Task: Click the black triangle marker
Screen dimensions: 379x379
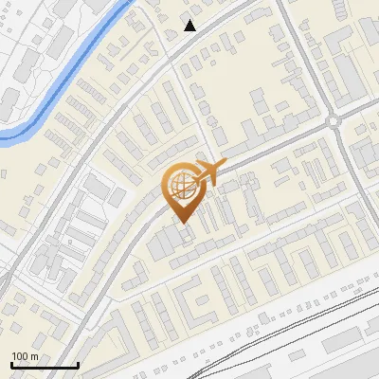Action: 190,26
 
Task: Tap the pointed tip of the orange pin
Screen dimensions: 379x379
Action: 183,223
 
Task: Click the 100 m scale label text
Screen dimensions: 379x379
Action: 24,356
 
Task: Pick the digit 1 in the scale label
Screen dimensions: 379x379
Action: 14,356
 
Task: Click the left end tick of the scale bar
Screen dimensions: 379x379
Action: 10,364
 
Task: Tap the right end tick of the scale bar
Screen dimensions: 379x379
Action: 78,364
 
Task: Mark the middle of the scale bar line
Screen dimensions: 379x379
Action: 44,366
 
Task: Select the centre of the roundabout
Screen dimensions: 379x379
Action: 334,121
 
